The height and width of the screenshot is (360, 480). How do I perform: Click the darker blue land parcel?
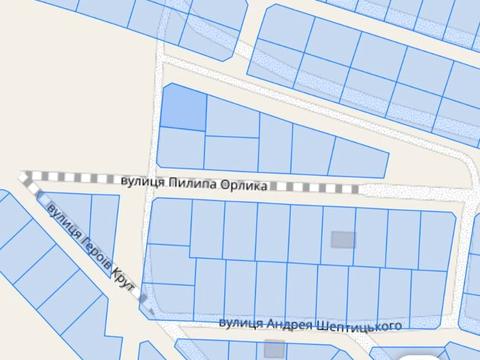[183, 107]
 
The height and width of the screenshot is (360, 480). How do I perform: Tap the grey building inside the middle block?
[342, 239]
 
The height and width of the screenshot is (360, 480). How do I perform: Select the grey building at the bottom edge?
[274, 349]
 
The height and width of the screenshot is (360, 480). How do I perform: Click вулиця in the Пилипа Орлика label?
[141, 182]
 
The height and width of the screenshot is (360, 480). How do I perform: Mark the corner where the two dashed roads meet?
[25, 177]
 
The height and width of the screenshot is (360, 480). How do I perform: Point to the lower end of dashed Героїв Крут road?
[143, 297]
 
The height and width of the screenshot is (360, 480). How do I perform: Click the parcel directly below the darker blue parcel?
[181, 148]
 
